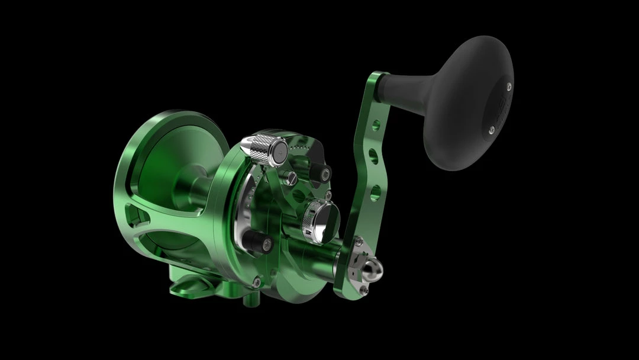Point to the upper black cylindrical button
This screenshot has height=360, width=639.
click(322, 172)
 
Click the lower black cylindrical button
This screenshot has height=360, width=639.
click(258, 242)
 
